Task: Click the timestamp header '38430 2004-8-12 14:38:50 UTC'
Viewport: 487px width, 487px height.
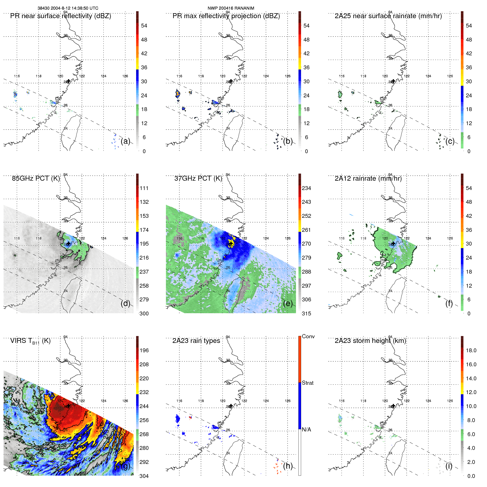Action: (68, 8)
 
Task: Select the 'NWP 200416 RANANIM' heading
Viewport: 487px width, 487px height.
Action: (231, 8)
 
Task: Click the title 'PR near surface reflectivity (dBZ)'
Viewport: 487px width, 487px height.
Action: (60, 16)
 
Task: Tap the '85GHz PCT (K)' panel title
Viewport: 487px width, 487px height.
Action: (36, 178)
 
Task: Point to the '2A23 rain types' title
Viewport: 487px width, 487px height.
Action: (196, 341)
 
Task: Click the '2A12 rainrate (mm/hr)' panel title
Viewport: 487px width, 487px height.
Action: (368, 178)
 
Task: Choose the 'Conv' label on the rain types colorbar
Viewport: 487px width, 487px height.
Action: (308, 336)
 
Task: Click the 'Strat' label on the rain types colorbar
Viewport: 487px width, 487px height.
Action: (307, 383)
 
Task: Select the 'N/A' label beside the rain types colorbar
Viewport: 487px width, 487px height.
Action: (306, 430)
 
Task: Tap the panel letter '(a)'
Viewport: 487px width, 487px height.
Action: (125, 141)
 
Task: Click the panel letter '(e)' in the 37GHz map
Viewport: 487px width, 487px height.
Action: (288, 303)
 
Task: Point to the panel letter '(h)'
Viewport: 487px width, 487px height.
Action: (288, 466)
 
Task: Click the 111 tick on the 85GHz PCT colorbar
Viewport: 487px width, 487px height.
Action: (144, 188)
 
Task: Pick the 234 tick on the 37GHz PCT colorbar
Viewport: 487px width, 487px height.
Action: (306, 188)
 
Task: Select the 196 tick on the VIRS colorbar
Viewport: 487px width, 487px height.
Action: (144, 350)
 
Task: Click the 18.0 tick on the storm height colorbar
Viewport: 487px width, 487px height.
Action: (471, 350)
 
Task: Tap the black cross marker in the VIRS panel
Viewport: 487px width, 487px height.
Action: (68, 406)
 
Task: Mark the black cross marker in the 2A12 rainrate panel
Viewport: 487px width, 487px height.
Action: (394, 244)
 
